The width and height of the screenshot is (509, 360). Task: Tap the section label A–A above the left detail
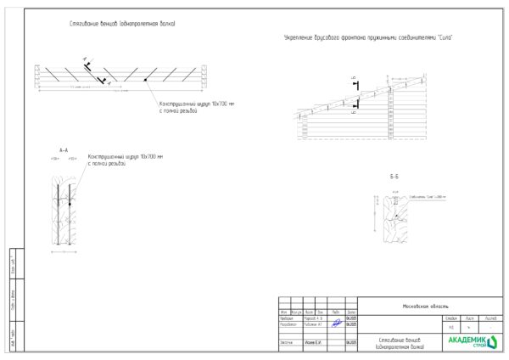pyautogui.click(x=64, y=149)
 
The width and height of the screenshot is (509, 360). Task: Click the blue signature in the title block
pyautogui.click(x=336, y=323)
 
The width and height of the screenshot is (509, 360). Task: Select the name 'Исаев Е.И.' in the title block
pyautogui.click(x=313, y=342)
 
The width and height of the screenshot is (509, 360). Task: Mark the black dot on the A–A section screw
pyautogui.click(x=69, y=202)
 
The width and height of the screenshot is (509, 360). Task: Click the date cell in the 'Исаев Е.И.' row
pyautogui.click(x=351, y=342)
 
